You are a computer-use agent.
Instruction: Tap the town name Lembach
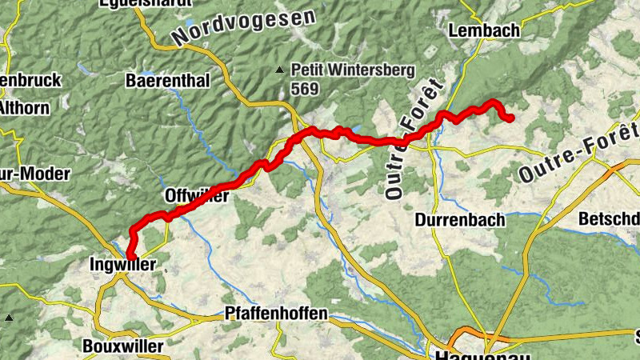(485, 31)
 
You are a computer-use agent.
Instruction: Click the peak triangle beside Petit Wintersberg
(279, 70)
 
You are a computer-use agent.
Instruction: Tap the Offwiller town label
(197, 196)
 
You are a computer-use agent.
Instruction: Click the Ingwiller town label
(122, 264)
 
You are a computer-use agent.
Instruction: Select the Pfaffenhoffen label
(277, 314)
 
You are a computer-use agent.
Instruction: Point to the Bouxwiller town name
(122, 346)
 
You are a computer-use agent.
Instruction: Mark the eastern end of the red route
(510, 119)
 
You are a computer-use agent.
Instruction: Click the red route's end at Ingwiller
(129, 256)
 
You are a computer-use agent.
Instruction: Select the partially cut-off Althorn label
(24, 107)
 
